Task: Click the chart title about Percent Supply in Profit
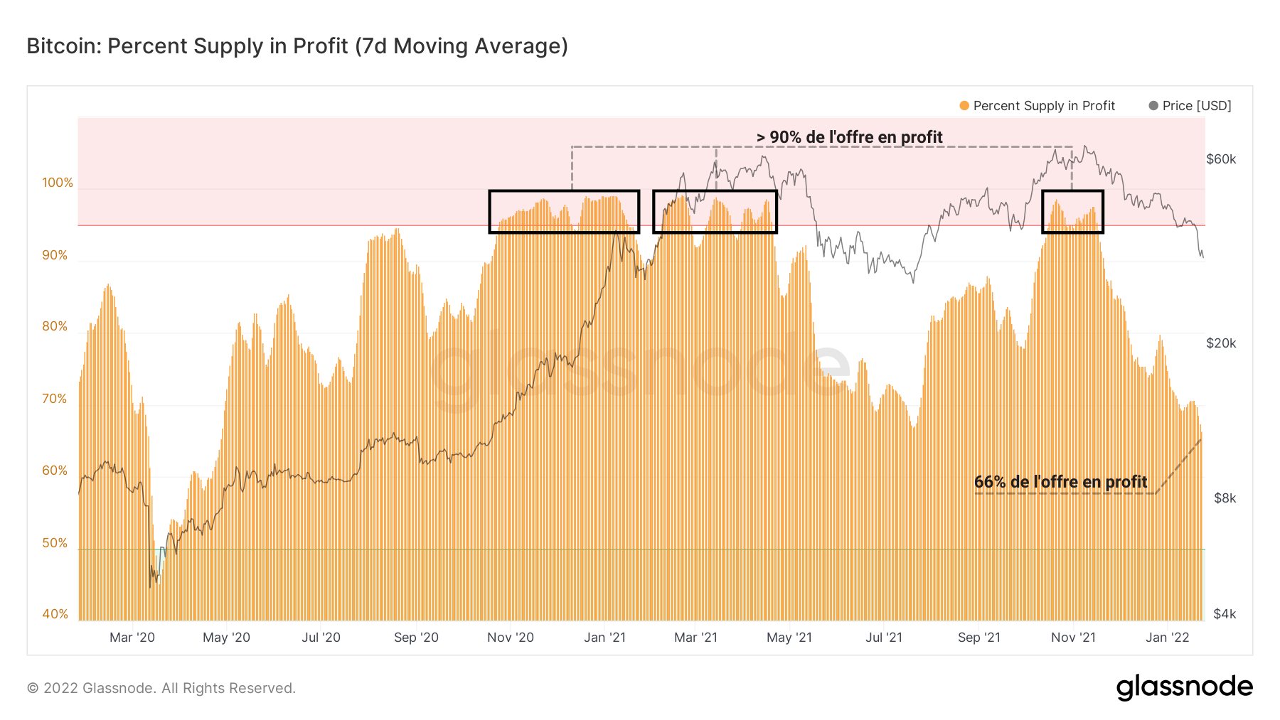point(297,46)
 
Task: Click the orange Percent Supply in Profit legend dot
point(964,106)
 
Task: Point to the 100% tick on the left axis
point(58,183)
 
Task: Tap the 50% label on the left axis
point(55,543)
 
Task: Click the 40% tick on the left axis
point(55,614)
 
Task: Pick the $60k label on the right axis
point(1221,159)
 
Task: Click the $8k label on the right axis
point(1225,498)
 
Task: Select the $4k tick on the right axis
point(1225,614)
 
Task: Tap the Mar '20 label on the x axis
point(132,638)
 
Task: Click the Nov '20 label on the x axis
point(510,638)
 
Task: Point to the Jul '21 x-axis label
point(883,638)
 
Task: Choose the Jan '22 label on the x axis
point(1167,638)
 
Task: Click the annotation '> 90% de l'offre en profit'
point(849,137)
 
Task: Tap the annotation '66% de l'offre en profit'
point(1060,482)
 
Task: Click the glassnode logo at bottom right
point(1184,687)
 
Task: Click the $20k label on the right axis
point(1221,343)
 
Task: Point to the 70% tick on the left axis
point(55,399)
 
